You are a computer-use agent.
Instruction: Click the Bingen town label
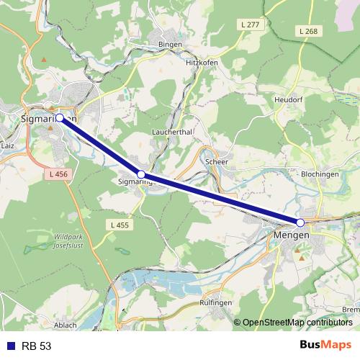(171, 44)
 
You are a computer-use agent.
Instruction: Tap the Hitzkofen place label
(202, 63)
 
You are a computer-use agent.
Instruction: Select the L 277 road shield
(251, 24)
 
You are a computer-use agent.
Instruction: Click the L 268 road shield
(307, 32)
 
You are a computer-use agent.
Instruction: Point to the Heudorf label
(289, 99)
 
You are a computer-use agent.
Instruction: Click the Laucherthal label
(171, 133)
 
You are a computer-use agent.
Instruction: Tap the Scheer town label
(216, 162)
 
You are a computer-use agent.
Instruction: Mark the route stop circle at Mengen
(300, 222)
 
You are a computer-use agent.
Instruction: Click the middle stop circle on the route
(141, 174)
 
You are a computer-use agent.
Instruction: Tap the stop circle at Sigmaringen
(60, 117)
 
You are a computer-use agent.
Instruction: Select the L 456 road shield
(58, 174)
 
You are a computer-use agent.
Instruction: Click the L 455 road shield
(120, 225)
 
